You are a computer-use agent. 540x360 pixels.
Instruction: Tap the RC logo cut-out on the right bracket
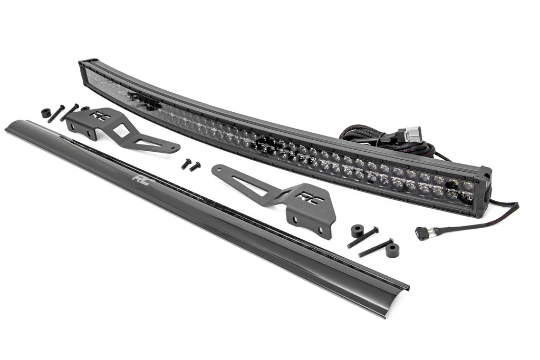(x=305, y=198)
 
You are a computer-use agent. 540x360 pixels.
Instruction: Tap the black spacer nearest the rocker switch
(x=392, y=250)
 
